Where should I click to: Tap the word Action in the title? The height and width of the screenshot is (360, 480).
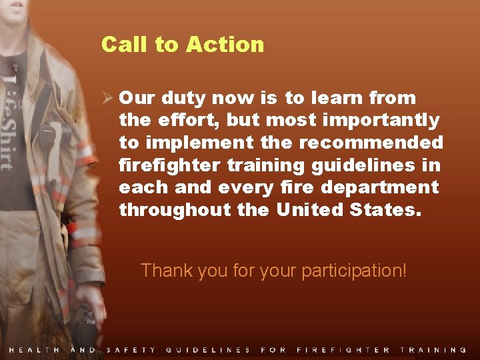[225, 45]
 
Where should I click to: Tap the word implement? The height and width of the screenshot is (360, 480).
[197, 143]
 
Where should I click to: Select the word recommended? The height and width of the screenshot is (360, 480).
[371, 143]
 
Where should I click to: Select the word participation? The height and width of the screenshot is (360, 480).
[353, 271]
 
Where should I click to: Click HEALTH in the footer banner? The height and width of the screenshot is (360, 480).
[34, 350]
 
